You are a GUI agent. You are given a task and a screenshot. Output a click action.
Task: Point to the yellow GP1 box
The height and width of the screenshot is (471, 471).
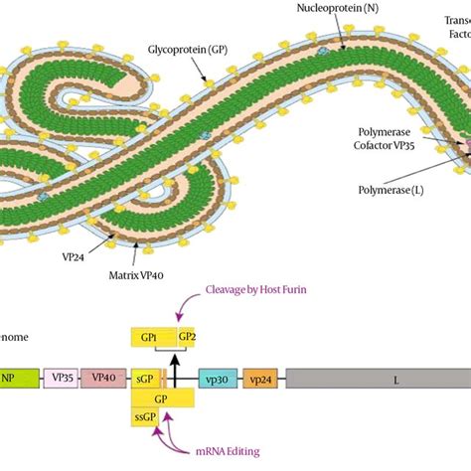click(153, 338)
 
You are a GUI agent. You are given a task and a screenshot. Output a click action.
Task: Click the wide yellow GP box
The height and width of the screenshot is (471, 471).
click(163, 397)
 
